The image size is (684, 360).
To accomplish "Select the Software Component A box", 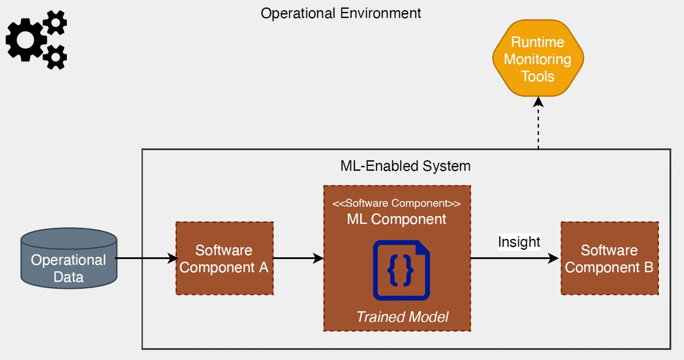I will [x=224, y=259].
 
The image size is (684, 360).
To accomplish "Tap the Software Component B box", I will [x=609, y=259].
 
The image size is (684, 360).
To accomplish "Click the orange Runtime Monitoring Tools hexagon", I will [x=538, y=59].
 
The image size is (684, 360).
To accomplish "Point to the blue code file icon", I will [x=401, y=270].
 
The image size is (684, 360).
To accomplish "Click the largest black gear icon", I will [x=26, y=38].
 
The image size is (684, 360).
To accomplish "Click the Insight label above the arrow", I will [x=519, y=242].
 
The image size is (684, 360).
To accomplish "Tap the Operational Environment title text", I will [x=341, y=13].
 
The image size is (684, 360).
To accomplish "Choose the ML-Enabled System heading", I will [x=406, y=166].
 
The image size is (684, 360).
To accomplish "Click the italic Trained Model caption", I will [x=402, y=317].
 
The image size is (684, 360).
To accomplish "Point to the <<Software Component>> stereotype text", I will [x=397, y=204].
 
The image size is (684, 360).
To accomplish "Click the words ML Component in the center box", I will [x=397, y=219].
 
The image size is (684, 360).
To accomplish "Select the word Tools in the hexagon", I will [x=538, y=76].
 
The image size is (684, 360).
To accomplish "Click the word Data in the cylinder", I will [x=68, y=277].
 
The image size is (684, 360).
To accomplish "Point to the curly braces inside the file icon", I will [x=400, y=271].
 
